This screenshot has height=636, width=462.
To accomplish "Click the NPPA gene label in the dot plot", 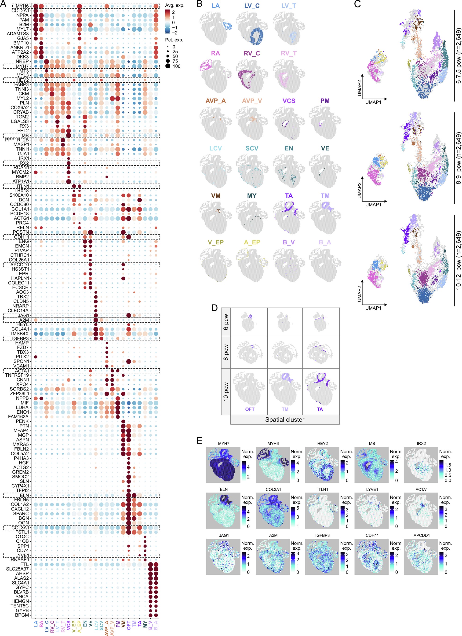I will pos(22,15).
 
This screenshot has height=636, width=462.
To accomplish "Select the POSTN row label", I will pos(21,232).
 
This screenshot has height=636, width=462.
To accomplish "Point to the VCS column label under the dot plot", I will pos(69,625).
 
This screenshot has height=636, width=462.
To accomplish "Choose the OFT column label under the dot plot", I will pos(129,625).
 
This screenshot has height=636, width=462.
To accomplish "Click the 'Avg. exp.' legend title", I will pos(175,5).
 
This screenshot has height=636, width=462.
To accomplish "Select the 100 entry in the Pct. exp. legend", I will pos(177,66).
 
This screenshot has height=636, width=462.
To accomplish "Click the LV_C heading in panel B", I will pos(252,6).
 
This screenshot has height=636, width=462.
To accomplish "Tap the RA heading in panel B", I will pos(215,53).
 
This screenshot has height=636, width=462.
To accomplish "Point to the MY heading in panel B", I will pos(252,196).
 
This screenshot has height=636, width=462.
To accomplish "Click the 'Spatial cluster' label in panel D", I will pos(285,419).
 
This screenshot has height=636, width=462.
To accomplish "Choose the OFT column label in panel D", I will pos(250,409).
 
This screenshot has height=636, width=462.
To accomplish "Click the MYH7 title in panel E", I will pos(224,443).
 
